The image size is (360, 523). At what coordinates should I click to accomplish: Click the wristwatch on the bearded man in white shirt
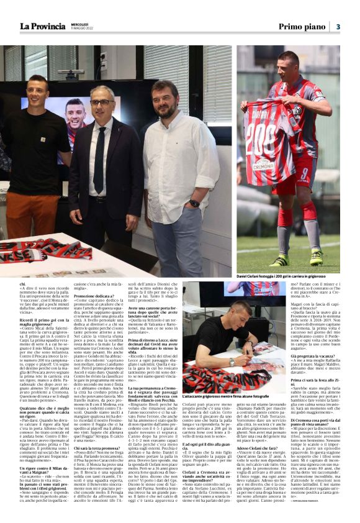pos(194,203)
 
